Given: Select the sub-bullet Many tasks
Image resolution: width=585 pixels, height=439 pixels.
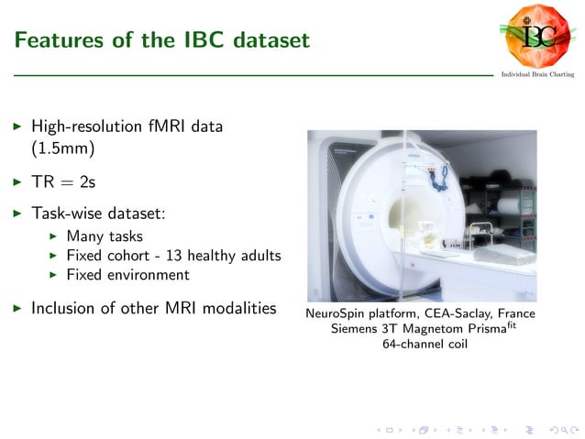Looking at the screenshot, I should [x=105, y=236].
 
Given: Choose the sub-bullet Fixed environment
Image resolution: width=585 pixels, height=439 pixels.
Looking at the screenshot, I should [x=127, y=275].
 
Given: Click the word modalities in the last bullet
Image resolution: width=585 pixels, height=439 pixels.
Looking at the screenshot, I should [x=239, y=308].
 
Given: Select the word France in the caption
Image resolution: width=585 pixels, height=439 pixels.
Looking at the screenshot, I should [x=515, y=313].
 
